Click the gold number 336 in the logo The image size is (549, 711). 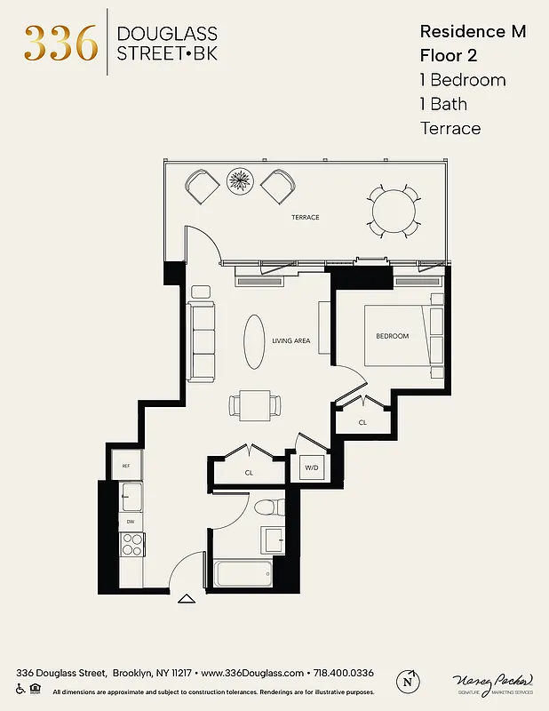point(60,43)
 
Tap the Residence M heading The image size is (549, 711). point(472,32)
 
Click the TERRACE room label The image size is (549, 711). point(305,217)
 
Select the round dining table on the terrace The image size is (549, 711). point(392,211)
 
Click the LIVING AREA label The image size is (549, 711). point(290,340)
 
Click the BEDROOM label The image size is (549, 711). point(392,336)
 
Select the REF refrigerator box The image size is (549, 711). point(126,466)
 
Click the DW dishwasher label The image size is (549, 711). point(131,522)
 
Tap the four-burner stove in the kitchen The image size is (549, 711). point(132,543)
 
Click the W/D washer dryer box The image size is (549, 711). point(312,467)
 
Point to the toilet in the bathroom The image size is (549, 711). point(266,507)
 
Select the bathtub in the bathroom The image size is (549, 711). point(243,573)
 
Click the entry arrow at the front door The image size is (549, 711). point(187,599)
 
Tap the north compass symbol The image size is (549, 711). point(408,681)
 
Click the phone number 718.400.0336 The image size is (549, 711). point(342,673)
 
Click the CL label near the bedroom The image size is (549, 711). point(362,423)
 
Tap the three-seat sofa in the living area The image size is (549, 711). point(202,341)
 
